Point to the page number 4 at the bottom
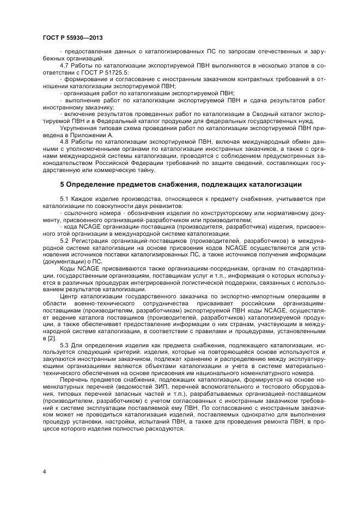(44, 471)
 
